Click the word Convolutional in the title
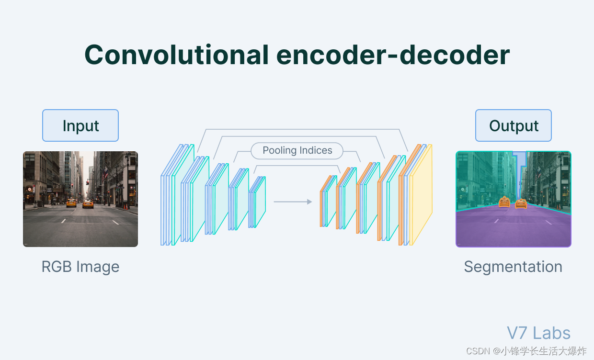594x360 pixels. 176,55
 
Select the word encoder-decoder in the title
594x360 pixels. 393,55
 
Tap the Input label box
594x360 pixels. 80,125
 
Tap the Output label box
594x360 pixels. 514,125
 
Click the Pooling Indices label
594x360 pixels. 297,150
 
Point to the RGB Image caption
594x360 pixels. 80,266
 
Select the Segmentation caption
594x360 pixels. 513,266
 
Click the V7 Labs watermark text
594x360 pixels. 538,333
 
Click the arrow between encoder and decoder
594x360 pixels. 293,202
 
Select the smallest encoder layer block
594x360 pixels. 257,202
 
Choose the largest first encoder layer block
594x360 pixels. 177,195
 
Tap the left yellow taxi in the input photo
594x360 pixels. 71,203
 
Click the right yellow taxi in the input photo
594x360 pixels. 88,204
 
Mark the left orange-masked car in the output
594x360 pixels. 504,202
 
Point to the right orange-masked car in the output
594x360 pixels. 521,203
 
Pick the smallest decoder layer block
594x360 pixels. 328,202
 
